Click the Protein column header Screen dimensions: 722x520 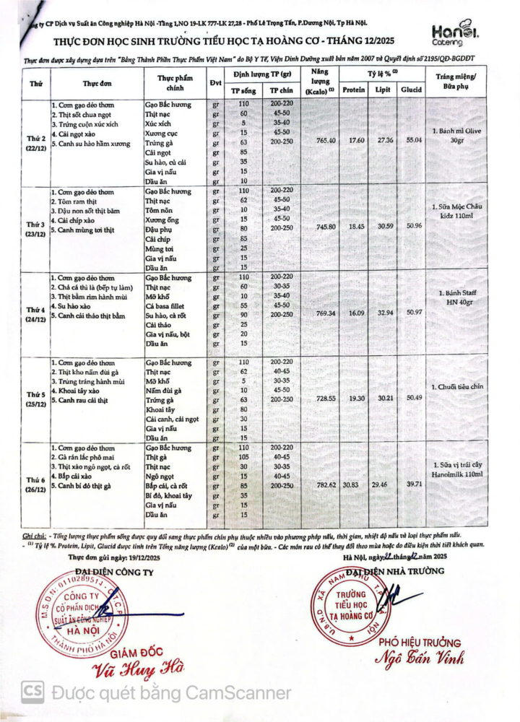pos(353,90)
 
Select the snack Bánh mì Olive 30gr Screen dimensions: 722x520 pos(466,136)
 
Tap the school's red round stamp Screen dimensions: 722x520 pos(351,604)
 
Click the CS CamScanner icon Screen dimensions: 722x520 pos(32,692)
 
